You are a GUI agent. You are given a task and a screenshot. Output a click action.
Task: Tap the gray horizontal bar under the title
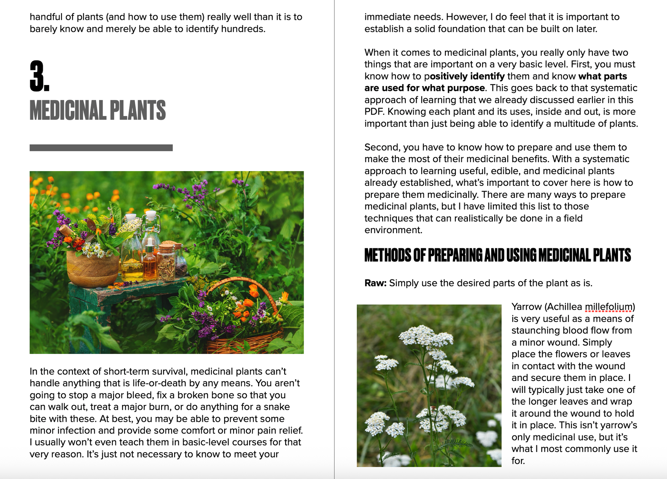coord(101,148)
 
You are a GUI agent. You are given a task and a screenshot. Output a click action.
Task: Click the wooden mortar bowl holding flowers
coord(92,269)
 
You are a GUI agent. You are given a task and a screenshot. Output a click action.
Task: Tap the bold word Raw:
coord(375,283)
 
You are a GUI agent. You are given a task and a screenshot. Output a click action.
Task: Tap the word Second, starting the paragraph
coord(382,147)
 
